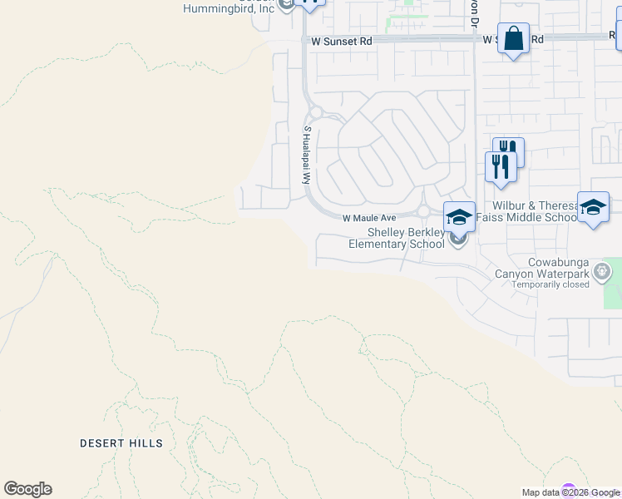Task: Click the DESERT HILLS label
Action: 121,443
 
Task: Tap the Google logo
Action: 27,489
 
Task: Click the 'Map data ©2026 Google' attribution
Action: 570,492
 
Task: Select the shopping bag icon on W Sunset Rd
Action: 513,38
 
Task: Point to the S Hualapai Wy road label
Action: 306,156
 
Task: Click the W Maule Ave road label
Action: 369,217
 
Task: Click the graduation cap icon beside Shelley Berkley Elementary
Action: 459,217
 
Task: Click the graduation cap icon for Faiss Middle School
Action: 593,207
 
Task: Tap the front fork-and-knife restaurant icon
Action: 501,166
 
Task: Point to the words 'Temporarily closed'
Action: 550,284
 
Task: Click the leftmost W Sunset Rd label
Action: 342,40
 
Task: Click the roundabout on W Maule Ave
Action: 422,211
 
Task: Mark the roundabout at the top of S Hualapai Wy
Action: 315,112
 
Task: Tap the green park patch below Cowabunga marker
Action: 614,296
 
